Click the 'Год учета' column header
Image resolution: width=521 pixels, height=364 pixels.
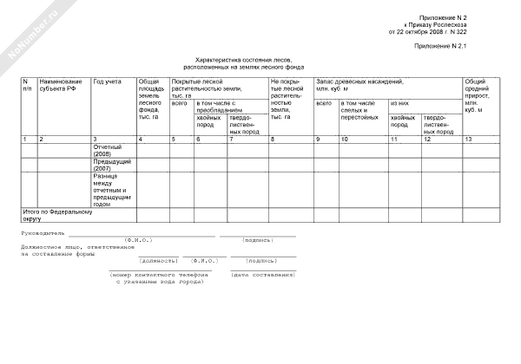pos(108,81)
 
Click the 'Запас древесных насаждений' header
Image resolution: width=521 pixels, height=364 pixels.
pos(359,84)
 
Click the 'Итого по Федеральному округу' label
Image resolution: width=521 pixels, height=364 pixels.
pos(56,214)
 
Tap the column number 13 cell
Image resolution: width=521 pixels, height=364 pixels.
pos(469,140)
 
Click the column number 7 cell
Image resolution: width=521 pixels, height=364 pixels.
pos(231,140)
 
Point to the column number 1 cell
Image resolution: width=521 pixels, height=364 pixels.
pos(24,140)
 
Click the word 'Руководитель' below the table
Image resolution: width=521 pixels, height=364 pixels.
pos(41,233)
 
